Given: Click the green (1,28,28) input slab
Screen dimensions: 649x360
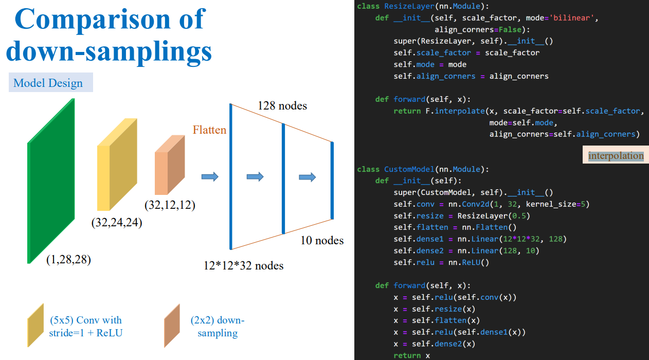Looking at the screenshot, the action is (x=51, y=181).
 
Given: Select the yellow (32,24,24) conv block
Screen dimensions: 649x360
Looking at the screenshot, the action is (x=117, y=165).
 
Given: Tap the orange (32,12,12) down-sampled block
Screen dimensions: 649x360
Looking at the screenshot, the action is (x=170, y=165).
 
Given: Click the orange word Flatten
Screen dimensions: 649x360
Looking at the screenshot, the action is (x=209, y=130).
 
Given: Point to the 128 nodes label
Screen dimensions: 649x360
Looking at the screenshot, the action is (x=282, y=106).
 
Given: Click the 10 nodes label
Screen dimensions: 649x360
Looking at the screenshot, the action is (x=322, y=240).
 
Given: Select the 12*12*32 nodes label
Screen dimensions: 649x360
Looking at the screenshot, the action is (x=243, y=265).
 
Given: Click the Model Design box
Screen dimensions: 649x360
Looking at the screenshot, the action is (x=51, y=82).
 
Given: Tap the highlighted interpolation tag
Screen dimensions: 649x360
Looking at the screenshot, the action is (x=616, y=155).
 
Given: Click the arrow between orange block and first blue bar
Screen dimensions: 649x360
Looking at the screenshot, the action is (x=210, y=176).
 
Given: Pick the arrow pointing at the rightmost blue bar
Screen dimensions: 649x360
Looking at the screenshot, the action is (x=308, y=177).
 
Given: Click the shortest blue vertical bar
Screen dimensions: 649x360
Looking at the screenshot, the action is (x=332, y=181).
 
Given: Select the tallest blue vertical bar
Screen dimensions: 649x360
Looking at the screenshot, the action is (x=230, y=176).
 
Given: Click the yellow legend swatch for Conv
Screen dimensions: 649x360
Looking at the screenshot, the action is (x=35, y=325).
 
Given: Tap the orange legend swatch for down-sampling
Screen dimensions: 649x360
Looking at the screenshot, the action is (x=172, y=326).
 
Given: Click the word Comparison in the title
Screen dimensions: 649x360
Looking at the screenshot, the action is (x=93, y=19).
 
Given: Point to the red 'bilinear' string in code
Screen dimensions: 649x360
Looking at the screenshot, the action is (x=572, y=18).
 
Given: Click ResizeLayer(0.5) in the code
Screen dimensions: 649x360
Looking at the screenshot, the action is (x=494, y=216).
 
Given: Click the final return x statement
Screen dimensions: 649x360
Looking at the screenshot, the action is (x=412, y=355).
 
